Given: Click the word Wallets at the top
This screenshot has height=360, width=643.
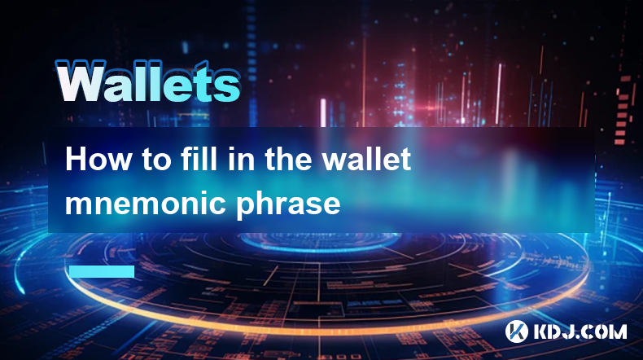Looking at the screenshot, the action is click(x=148, y=82).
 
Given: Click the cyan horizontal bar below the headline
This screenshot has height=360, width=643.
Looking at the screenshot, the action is click(x=102, y=271).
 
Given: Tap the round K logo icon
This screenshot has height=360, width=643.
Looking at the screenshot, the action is click(x=517, y=331).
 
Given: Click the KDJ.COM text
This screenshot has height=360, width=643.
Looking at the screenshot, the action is click(x=580, y=332).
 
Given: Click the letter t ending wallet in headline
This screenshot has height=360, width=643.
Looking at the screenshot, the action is click(x=405, y=160).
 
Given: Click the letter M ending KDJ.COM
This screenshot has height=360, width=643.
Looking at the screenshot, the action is click(x=618, y=332).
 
